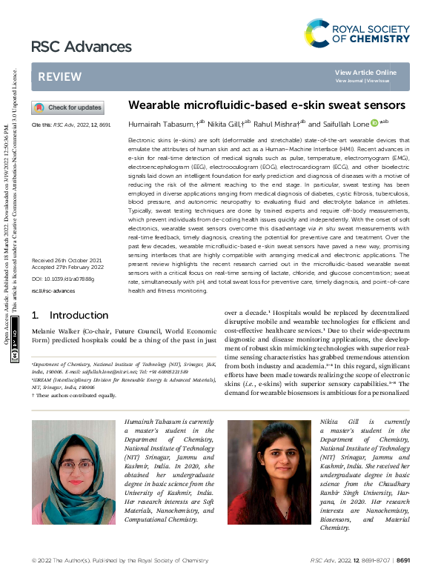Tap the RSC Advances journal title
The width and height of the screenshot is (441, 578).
(71, 47)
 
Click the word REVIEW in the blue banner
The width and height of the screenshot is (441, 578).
(54, 77)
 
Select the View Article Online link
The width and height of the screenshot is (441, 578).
(365, 72)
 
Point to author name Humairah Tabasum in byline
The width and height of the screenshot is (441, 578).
(156, 124)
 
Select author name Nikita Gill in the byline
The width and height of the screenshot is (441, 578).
(223, 124)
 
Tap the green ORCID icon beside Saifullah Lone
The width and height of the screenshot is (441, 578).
(374, 123)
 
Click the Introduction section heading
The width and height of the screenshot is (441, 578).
(69, 315)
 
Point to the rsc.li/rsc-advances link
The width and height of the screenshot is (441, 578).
(49, 290)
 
